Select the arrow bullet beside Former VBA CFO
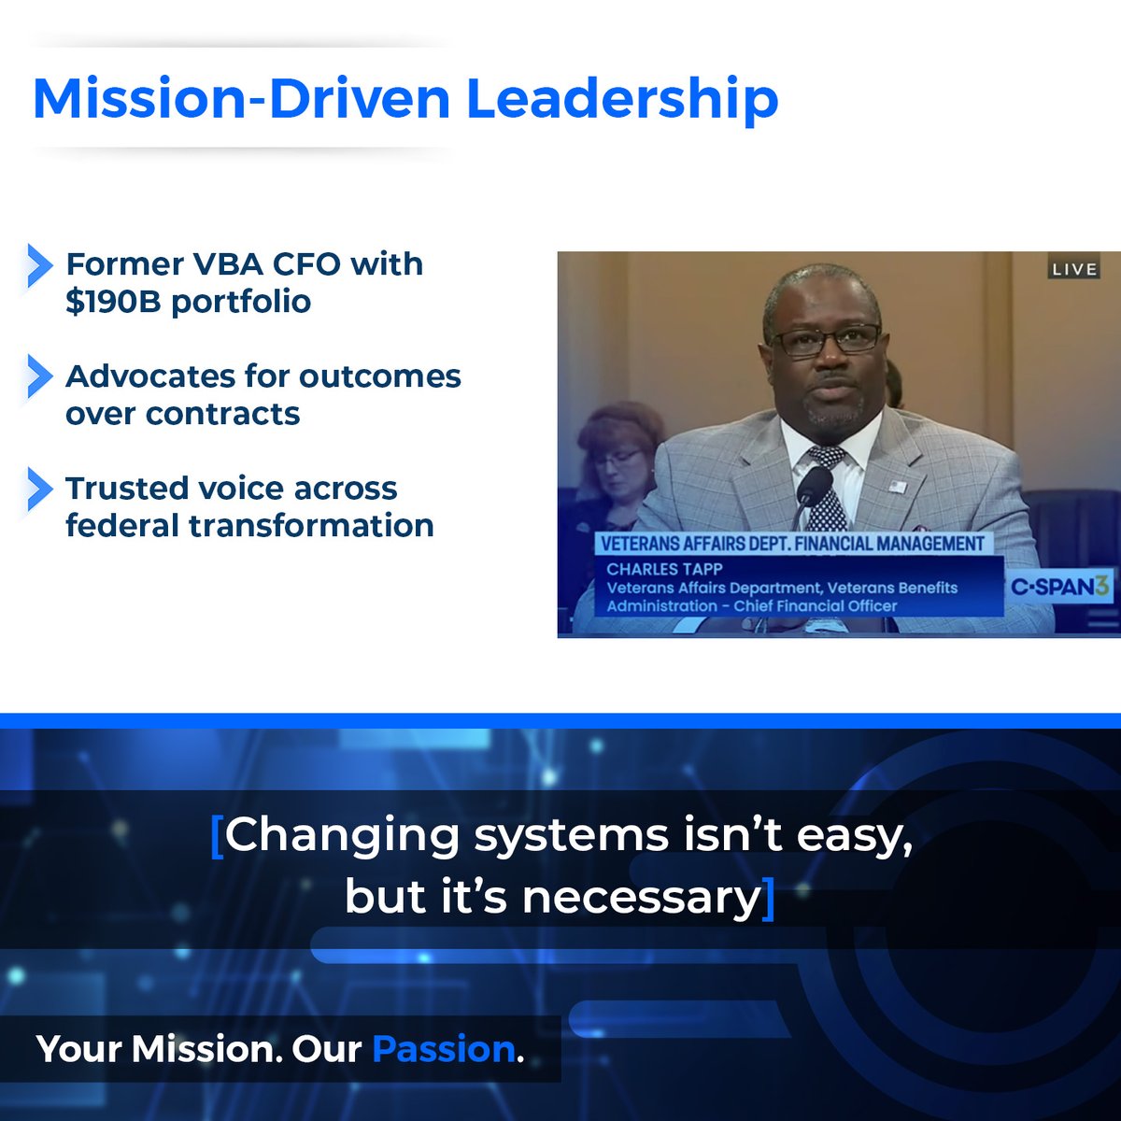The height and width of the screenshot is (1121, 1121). point(39,265)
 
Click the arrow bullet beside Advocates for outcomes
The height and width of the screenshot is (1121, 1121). point(39,376)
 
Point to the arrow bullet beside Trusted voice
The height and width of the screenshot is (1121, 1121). point(39,489)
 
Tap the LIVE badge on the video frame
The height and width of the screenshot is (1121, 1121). point(1074,269)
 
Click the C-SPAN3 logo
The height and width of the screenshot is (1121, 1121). point(1060,588)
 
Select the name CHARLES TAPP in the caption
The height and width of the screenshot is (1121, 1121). point(664,569)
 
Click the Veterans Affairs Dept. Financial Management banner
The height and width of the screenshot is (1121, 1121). point(792,544)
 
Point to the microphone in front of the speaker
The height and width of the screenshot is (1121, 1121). point(813,486)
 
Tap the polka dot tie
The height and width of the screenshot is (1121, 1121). point(827,486)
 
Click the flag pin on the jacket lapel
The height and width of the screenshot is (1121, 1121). point(898,487)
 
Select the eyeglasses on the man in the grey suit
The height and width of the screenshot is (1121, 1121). point(825,339)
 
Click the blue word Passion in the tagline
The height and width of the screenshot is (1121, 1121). point(444,1049)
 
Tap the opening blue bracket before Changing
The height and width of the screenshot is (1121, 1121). point(218,835)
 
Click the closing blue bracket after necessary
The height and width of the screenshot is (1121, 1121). point(769,898)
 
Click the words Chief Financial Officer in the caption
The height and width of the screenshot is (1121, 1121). point(815,606)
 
